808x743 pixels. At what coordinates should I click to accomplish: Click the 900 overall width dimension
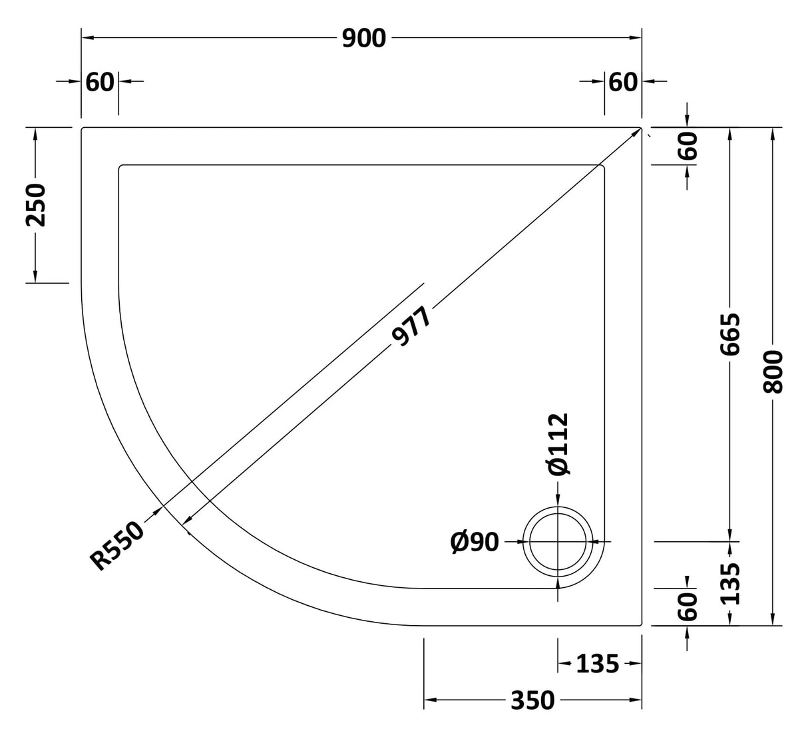(x=363, y=39)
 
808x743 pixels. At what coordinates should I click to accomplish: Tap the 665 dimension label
(x=730, y=334)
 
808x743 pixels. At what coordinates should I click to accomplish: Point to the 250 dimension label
(x=36, y=204)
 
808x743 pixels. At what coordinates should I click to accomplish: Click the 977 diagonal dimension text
(x=412, y=326)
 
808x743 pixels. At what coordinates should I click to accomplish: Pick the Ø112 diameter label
(x=558, y=444)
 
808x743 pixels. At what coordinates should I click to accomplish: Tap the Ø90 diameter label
(x=475, y=542)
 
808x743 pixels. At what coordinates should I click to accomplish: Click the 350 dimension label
(x=532, y=700)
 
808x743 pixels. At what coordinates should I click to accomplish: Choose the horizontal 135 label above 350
(x=597, y=664)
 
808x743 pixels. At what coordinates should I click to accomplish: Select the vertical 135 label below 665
(x=730, y=584)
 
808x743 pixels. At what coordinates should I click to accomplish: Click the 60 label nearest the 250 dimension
(x=100, y=82)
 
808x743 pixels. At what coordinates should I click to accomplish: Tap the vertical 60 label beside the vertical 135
(x=688, y=606)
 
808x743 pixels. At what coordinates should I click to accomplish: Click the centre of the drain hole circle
(x=558, y=542)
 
